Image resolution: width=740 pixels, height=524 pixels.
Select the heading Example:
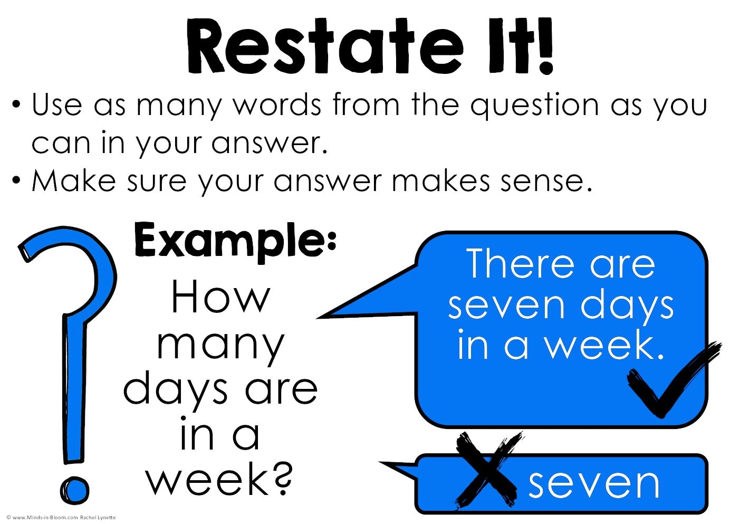click(x=235, y=240)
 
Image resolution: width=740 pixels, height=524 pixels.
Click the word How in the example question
click(x=220, y=298)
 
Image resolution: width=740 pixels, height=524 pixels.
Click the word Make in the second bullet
click(x=74, y=181)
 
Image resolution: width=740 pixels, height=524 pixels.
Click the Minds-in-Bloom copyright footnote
click(x=61, y=518)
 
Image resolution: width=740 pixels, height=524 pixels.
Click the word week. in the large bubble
click(x=604, y=346)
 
